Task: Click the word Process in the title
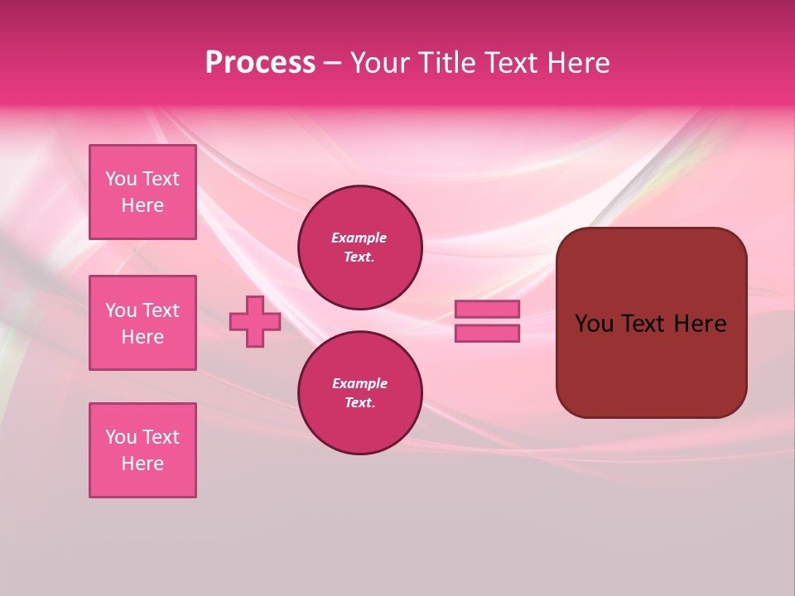260,63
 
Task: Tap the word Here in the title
578,63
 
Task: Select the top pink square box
142,192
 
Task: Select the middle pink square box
142,323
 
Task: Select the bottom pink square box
142,450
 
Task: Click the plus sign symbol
255,322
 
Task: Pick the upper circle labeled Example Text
360,248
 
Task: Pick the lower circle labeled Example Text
360,393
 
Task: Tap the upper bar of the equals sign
488,310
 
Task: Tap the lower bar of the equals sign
488,334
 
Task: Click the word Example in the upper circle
359,238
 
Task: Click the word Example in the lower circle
359,383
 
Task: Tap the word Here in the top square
142,205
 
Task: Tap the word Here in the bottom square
142,464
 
